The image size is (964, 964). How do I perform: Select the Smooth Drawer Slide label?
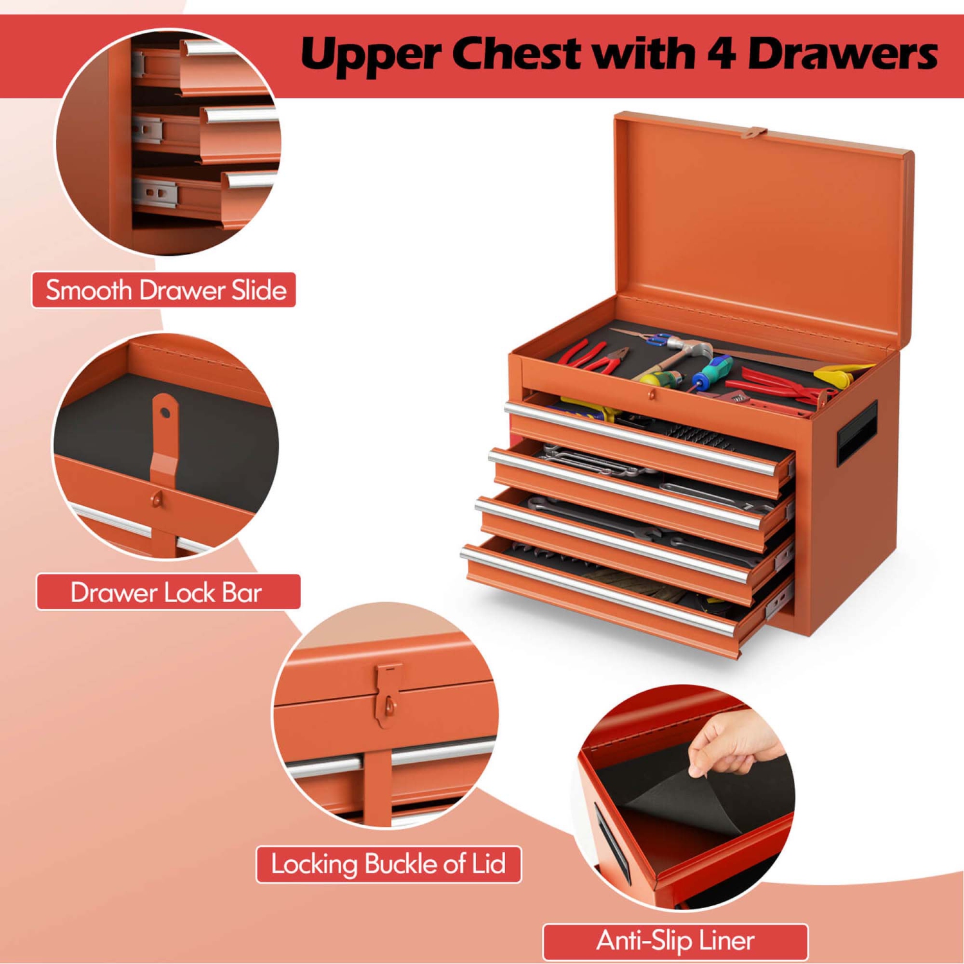165,290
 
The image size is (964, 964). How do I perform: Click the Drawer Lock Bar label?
167,592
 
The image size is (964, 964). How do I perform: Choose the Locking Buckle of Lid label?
388,864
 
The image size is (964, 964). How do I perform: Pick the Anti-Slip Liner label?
675,941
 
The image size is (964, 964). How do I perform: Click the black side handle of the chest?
857,433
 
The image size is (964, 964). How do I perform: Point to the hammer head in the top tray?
694,350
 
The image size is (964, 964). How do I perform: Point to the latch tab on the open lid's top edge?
753,133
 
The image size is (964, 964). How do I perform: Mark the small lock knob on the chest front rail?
652,394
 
